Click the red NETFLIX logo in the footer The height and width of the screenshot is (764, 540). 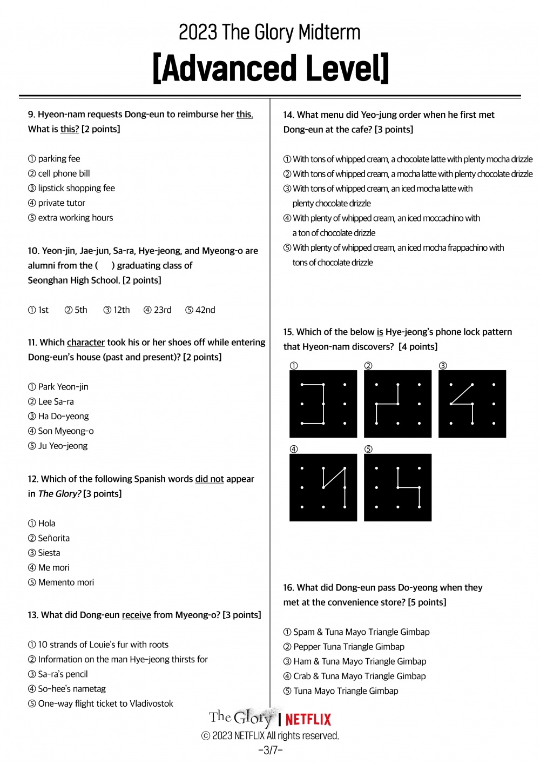(308, 719)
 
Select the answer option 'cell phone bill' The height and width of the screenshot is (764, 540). (64, 173)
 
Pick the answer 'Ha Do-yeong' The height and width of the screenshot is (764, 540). (63, 417)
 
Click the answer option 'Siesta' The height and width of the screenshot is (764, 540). (49, 553)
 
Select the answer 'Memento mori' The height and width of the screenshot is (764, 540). (65, 582)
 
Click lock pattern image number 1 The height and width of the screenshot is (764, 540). (323, 404)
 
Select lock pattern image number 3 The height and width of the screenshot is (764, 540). (472, 404)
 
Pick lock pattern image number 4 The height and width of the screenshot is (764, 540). (323, 487)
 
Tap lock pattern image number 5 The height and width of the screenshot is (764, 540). (397, 487)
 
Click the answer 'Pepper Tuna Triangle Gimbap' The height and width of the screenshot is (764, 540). (348, 647)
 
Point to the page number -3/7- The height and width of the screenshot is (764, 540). (270, 750)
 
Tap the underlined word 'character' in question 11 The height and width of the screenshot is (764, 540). (86, 343)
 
